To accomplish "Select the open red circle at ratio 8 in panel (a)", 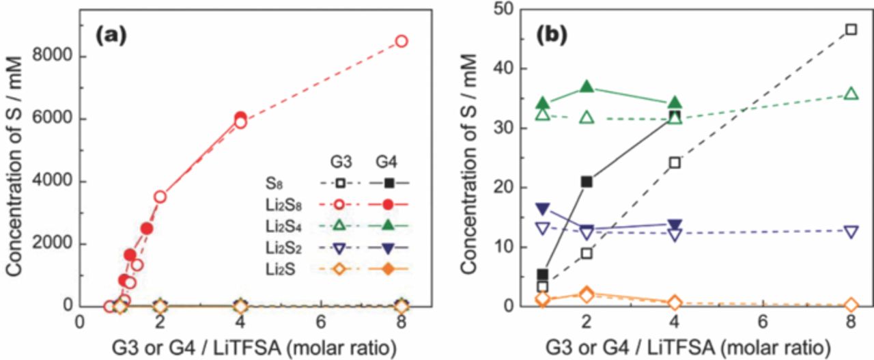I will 401,41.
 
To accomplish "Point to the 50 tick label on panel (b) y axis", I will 505,10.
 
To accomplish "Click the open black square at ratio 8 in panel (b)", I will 851,29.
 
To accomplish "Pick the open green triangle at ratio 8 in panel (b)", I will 851,94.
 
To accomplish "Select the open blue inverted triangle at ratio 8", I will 851,232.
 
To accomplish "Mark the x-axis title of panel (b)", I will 686,347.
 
